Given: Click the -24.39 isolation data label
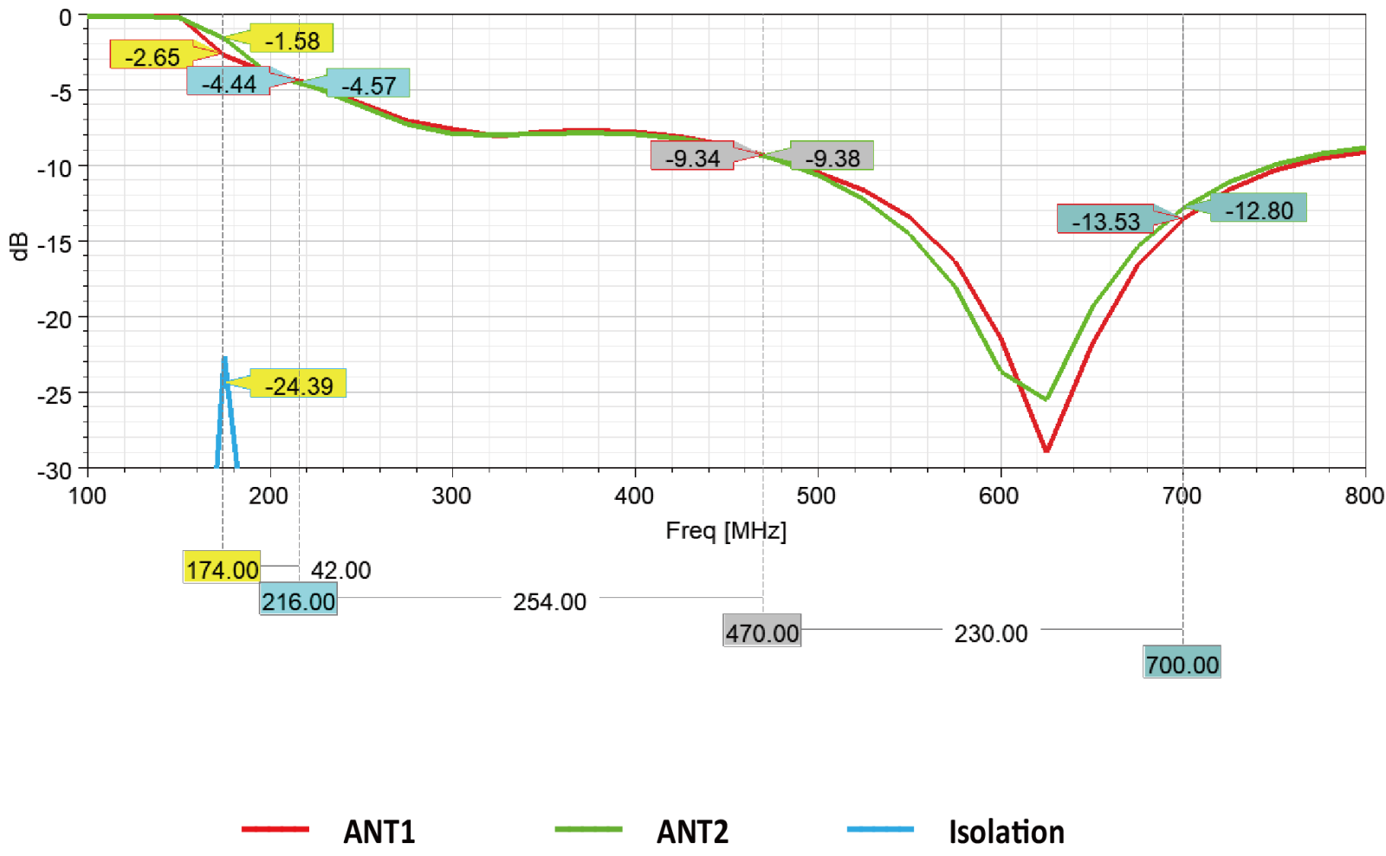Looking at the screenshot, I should [x=298, y=384].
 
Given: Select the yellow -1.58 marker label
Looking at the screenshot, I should [x=291, y=40].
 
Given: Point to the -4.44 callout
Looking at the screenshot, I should [x=229, y=82].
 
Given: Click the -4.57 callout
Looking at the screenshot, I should [x=368, y=84].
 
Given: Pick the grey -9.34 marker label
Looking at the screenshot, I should [x=692, y=158].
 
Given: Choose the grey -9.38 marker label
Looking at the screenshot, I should [x=832, y=158].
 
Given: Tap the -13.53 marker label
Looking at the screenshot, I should [x=1105, y=221].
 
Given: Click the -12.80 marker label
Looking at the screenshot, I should [x=1258, y=210].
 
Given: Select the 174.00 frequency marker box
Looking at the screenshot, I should [x=222, y=569].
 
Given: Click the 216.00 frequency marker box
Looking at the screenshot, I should [x=298, y=600].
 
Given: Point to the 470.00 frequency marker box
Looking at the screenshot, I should [x=761, y=632].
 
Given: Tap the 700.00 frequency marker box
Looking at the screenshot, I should [x=1182, y=664].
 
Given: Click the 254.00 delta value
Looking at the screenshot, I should [x=549, y=601].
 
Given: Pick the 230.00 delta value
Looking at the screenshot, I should [x=990, y=633].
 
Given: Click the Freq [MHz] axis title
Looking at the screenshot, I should [x=725, y=530].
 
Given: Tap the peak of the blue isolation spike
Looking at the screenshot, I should [x=224, y=359].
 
